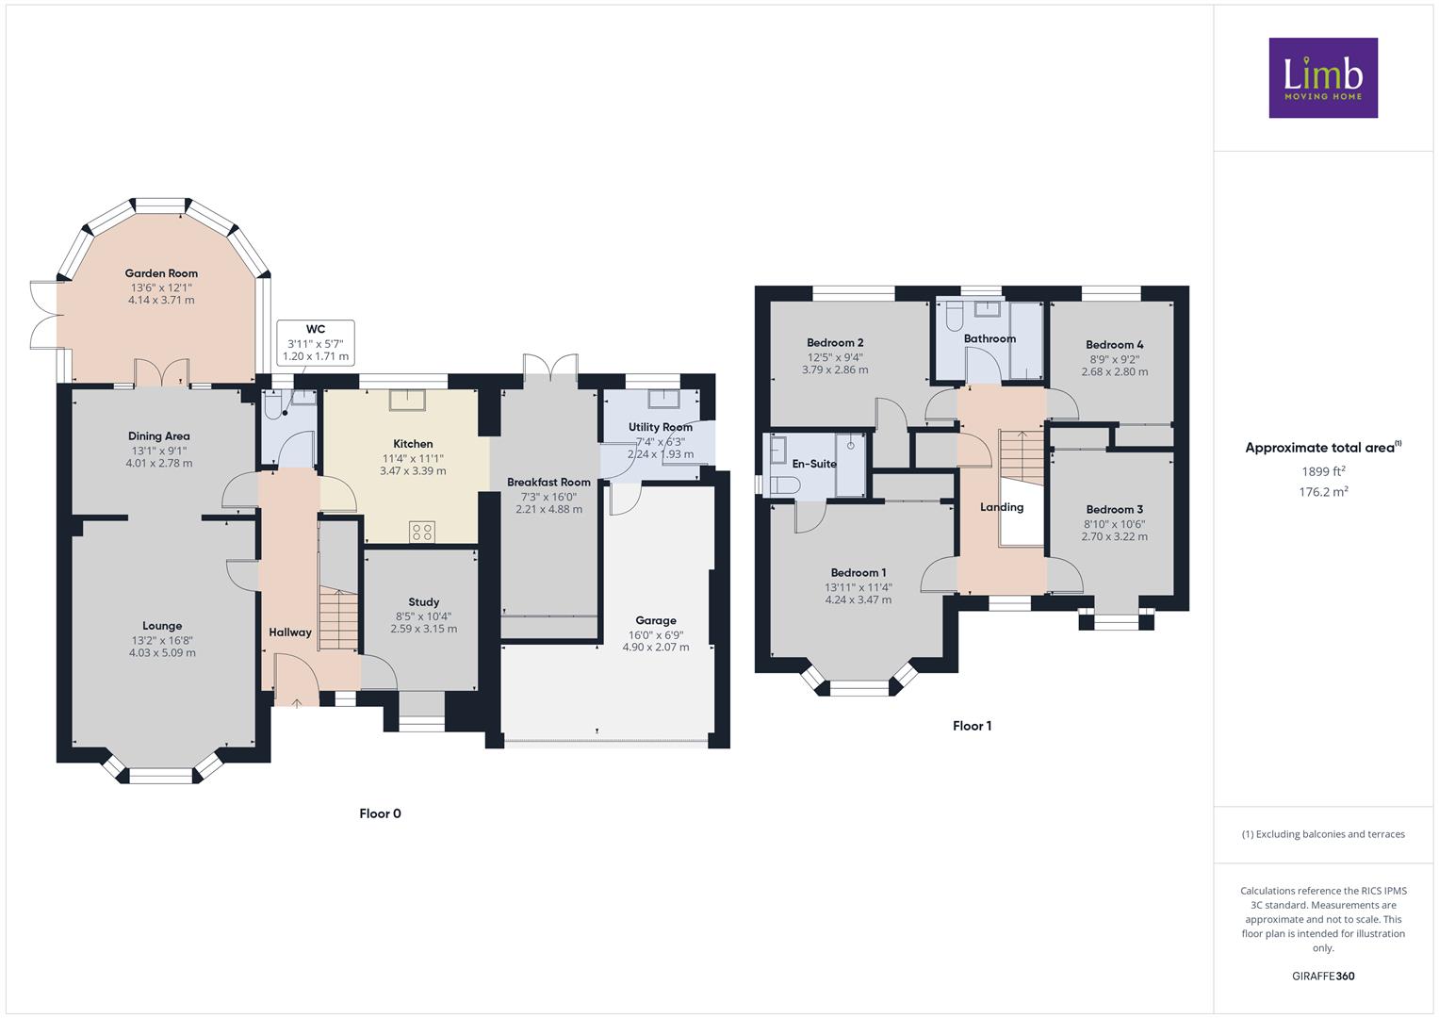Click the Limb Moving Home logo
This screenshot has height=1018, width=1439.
[1323, 77]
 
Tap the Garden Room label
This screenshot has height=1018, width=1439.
[161, 273]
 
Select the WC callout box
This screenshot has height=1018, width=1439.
[316, 342]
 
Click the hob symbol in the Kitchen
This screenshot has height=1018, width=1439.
[422, 533]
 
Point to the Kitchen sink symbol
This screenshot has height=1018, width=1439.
[407, 400]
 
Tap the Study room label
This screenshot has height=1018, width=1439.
[424, 602]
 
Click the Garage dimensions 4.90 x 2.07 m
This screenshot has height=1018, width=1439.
[655, 648]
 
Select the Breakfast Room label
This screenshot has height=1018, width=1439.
[548, 482]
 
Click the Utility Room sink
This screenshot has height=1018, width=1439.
[664, 399]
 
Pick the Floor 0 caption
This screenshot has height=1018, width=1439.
[381, 813]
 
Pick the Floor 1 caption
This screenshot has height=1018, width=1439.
[972, 726]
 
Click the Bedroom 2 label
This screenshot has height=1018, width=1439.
[835, 342]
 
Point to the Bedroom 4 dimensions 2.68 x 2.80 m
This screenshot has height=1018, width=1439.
[1115, 371]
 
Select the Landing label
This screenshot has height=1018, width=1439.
[1002, 507]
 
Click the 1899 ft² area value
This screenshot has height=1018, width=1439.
[1323, 471]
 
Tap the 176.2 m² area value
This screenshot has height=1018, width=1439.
[1323, 492]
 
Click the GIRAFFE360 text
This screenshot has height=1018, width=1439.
[1323, 977]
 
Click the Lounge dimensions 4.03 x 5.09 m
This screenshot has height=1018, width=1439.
[162, 653]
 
